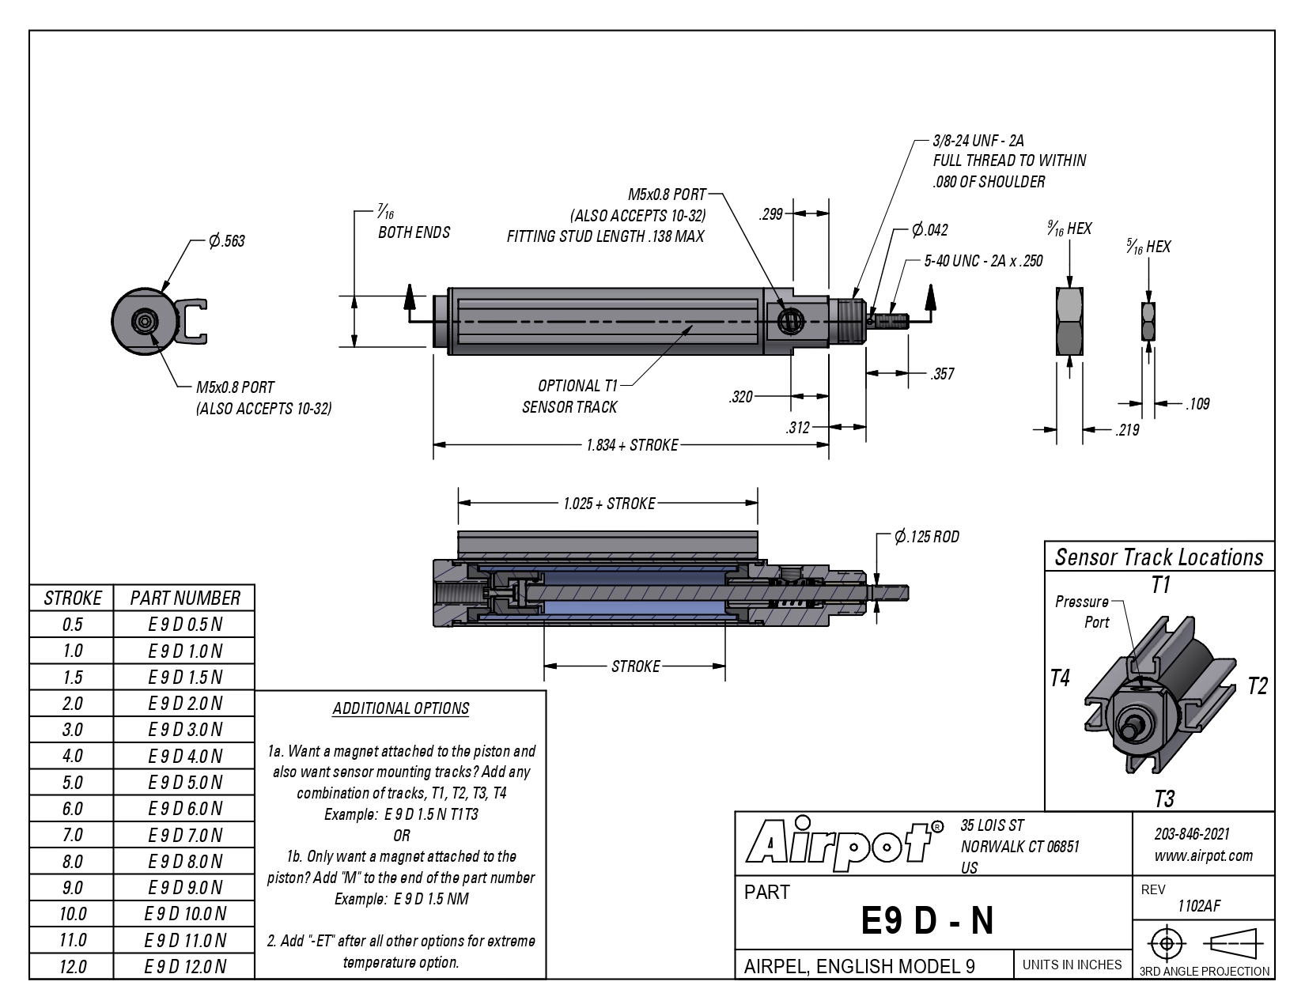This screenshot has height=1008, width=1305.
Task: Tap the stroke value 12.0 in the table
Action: pos(73,967)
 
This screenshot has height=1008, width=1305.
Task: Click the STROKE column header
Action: pos(73,598)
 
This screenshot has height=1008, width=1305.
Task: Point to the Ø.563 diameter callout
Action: pos(226,241)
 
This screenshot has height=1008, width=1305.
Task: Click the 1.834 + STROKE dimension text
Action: pos(633,445)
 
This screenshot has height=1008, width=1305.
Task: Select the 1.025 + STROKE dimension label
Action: pos(609,503)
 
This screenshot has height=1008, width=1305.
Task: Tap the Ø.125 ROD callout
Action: pos(927,536)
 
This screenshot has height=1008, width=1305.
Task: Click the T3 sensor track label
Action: pos(1164,799)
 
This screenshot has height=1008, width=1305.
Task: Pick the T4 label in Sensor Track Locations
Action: pos(1060,678)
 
